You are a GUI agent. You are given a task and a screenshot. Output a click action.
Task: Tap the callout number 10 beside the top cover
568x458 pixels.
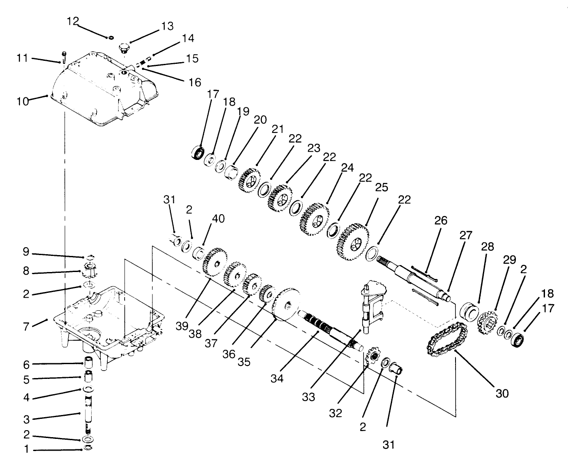(x=23, y=101)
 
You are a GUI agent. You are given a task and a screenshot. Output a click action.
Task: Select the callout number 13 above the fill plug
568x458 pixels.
(x=167, y=27)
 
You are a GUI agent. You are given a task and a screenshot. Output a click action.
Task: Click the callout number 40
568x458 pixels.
(x=218, y=219)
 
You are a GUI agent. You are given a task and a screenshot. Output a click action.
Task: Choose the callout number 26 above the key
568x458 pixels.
(x=440, y=220)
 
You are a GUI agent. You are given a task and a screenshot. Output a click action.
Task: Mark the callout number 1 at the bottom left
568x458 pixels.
(x=26, y=449)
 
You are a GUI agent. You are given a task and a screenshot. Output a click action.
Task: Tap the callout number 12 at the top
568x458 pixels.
(x=73, y=20)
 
